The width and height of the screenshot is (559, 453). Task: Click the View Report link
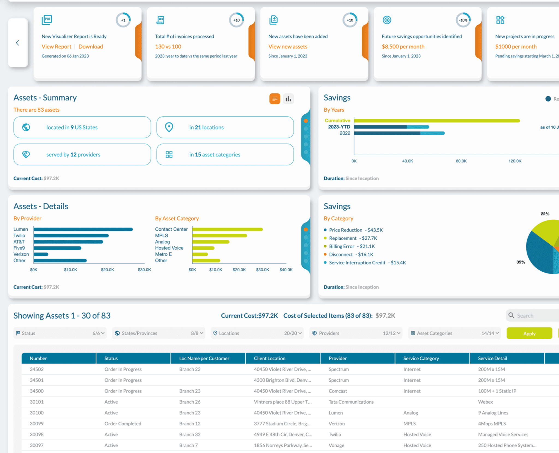[x=56, y=47]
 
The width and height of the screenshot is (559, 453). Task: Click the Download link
[x=91, y=47]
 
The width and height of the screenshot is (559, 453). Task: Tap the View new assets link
[x=288, y=47]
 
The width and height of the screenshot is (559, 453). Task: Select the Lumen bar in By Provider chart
[x=83, y=229]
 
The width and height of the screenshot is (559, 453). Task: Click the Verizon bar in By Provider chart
[x=41, y=254]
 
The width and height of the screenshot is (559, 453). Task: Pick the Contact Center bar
[x=228, y=229]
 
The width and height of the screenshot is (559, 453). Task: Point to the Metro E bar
[x=200, y=254]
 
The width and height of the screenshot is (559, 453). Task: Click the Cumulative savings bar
[x=437, y=121]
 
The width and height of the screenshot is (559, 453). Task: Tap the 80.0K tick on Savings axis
[x=461, y=161]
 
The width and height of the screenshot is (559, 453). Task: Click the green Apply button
[x=529, y=333]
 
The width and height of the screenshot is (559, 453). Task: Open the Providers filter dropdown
[x=356, y=333]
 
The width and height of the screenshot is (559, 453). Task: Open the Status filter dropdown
[x=60, y=333]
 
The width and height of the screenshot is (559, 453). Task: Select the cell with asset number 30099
[x=37, y=424]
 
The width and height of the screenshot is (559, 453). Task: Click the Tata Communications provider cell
[x=351, y=402]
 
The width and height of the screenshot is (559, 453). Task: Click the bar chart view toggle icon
[x=288, y=99]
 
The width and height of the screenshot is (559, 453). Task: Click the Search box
[x=532, y=315]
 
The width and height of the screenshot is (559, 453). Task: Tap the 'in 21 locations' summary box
[x=225, y=127]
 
